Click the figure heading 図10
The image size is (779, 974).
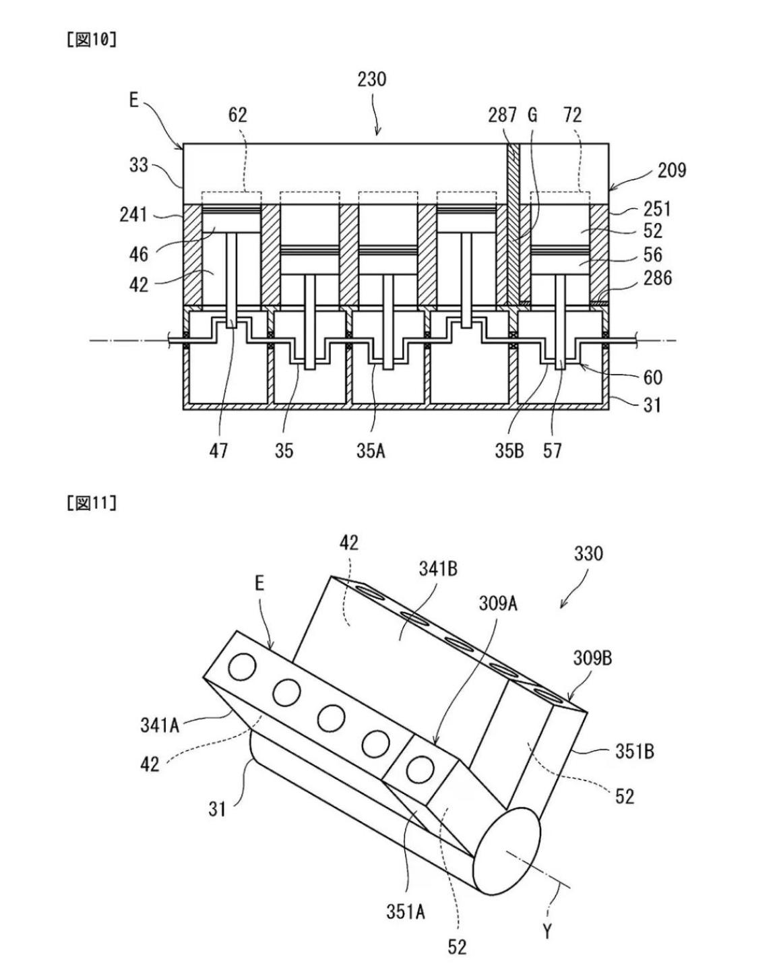click(x=92, y=40)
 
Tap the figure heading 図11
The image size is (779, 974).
click(x=92, y=503)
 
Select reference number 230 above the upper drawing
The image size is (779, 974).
click(x=371, y=80)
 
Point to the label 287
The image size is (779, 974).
click(x=502, y=115)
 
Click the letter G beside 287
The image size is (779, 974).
click(x=533, y=115)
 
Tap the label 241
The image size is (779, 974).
click(x=133, y=214)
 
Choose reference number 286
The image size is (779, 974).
click(x=657, y=278)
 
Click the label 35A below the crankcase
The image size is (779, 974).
click(x=371, y=451)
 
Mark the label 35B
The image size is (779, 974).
click(x=509, y=451)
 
